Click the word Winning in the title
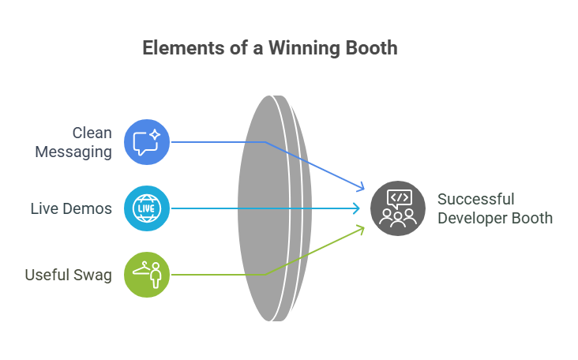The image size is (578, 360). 304,48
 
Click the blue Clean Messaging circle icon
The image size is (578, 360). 147,142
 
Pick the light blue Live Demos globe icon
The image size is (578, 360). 147,208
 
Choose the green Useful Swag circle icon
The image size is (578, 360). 147,274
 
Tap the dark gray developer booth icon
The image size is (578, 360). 392,208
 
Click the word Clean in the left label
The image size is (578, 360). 92,133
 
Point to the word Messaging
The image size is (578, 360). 73,152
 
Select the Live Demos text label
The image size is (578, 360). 71,208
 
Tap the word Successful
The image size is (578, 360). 475,199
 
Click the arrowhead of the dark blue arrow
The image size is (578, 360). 362,188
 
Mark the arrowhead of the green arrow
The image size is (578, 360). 362,228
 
